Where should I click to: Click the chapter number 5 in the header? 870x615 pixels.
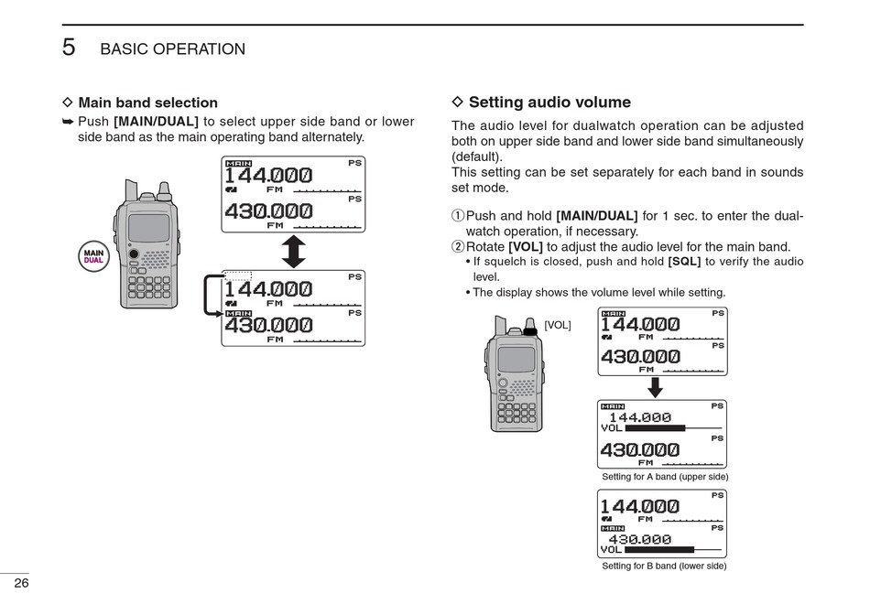click(69, 48)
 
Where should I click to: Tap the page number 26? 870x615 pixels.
click(21, 584)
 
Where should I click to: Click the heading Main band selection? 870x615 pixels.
click(147, 102)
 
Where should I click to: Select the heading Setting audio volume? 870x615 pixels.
click(549, 102)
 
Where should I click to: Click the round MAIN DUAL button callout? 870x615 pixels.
click(94, 255)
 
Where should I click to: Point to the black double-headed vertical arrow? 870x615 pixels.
click(293, 251)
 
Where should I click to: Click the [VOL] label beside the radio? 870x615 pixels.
click(557, 325)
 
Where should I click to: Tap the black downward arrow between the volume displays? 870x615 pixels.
click(655, 388)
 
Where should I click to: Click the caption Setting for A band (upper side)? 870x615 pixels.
click(665, 477)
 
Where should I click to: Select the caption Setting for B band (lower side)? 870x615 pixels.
click(664, 566)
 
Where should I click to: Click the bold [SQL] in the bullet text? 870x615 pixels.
click(684, 262)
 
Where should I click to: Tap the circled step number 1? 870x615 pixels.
click(458, 216)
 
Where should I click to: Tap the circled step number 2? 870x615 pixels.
click(458, 247)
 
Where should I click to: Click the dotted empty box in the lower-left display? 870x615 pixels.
click(238, 275)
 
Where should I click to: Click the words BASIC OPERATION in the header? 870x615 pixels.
click(172, 49)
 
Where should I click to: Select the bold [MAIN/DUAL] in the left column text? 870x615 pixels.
click(156, 122)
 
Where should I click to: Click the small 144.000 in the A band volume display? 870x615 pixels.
click(640, 417)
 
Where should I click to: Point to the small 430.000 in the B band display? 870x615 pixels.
click(640, 539)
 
